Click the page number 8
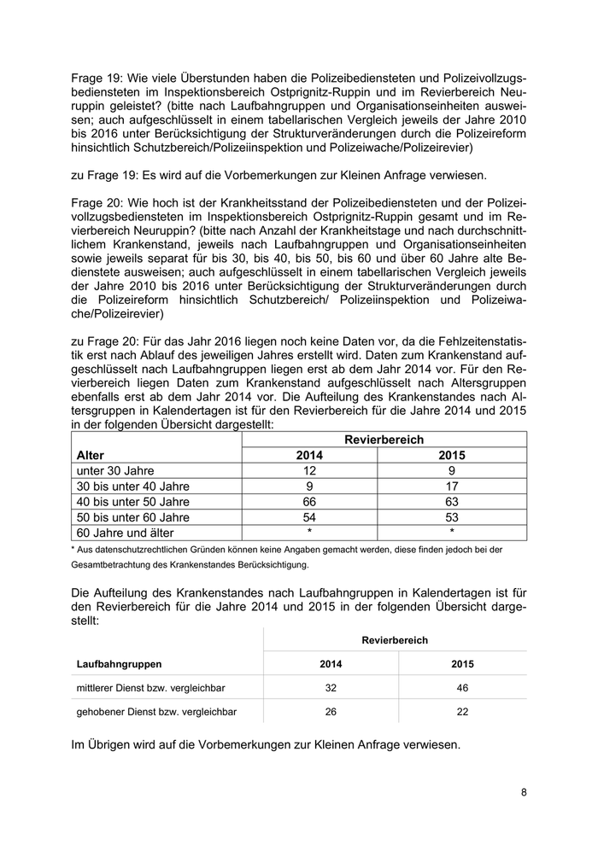524,792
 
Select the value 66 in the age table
309,502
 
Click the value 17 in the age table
451,486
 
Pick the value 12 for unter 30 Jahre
309,470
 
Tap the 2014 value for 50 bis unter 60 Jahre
309,517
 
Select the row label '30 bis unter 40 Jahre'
132,486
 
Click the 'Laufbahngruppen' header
119,663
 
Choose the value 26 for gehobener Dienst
332,710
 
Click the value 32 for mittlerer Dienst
332,687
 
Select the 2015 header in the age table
451,455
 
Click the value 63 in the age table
451,502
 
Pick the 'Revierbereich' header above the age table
384,439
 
